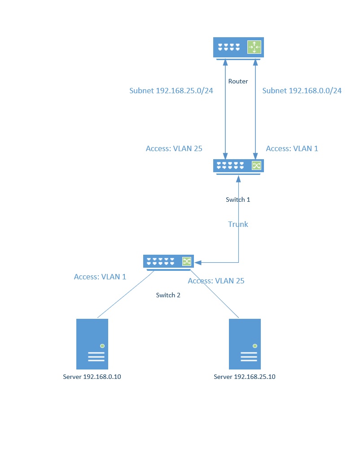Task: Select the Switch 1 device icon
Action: (238, 166)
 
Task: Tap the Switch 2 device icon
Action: (168, 262)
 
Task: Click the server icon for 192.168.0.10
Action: (92, 343)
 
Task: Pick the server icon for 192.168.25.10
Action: (245, 343)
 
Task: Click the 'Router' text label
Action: (238, 82)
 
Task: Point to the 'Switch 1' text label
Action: (238, 200)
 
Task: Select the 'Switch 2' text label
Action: (168, 295)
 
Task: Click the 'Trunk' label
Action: (238, 224)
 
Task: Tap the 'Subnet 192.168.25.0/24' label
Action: (171, 91)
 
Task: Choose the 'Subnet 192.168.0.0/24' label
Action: (302, 91)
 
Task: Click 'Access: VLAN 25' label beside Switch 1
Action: (174, 148)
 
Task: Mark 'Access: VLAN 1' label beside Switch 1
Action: (292, 148)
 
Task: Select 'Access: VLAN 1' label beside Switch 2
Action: (100, 277)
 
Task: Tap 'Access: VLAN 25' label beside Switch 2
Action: (216, 281)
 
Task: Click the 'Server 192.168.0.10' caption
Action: (92, 377)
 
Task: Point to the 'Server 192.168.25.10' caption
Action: (245, 377)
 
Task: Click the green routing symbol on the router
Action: (254, 47)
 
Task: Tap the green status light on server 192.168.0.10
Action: (102, 346)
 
